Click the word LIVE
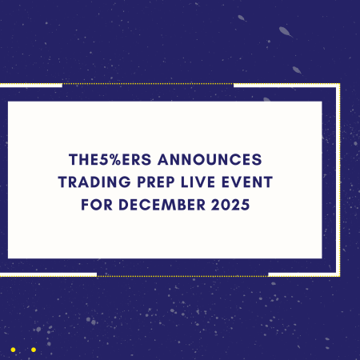[x=201, y=182]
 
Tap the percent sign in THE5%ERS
[x=122, y=159]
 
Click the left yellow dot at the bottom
[x=14, y=350]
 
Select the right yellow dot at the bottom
[x=33, y=350]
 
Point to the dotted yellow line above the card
[x=147, y=84]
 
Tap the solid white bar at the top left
[x=31, y=84]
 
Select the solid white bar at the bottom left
[x=48, y=274]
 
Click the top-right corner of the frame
[x=338, y=84]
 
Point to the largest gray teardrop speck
[x=285, y=32]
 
